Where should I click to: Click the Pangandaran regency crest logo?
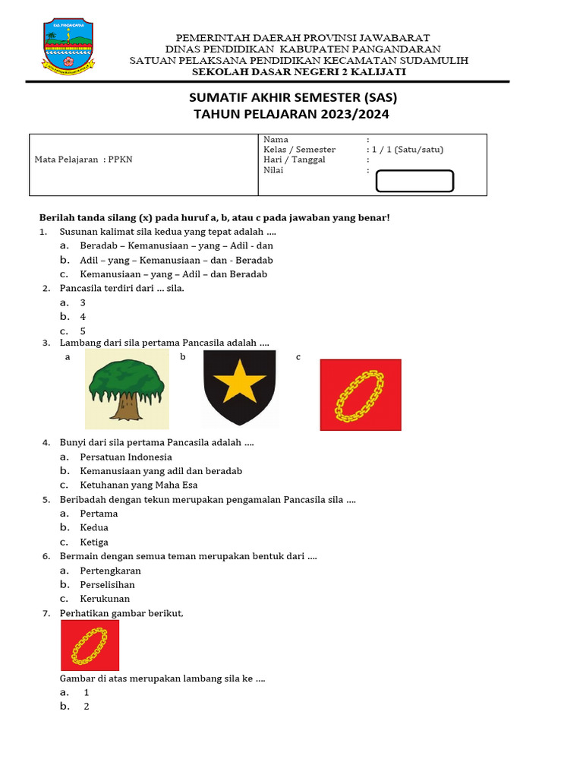(x=70, y=48)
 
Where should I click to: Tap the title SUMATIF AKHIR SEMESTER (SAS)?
(x=293, y=98)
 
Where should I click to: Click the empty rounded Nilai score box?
(x=414, y=181)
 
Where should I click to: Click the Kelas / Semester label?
(x=299, y=150)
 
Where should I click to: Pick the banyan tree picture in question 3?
(x=126, y=387)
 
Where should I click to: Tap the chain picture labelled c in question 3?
(x=360, y=395)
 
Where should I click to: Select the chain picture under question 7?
(x=90, y=645)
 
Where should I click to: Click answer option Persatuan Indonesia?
(x=126, y=457)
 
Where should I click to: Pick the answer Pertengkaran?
(x=111, y=571)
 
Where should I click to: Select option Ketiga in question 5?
(x=94, y=542)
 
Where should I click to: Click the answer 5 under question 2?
(x=83, y=331)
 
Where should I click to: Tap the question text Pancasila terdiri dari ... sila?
(x=121, y=288)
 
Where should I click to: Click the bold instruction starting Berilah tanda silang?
(x=214, y=217)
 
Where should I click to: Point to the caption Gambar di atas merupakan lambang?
(x=162, y=678)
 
